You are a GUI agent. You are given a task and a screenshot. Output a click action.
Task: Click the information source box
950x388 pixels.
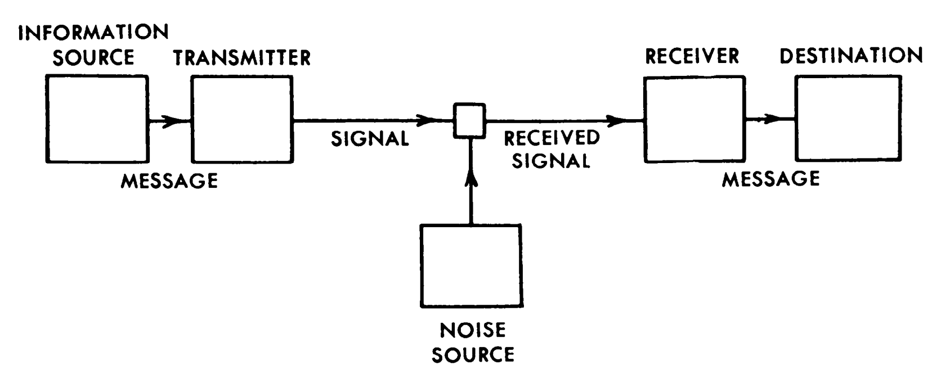96,119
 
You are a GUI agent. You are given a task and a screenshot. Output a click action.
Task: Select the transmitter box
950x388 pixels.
242,119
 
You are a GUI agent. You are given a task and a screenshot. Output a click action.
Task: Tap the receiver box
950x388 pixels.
694,119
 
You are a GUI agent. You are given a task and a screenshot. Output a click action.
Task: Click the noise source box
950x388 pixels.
471,265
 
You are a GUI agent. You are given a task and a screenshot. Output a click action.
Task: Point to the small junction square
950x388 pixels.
470,120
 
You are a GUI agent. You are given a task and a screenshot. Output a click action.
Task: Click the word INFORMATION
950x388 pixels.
93,33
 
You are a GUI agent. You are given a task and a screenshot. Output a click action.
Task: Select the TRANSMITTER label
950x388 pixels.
242,58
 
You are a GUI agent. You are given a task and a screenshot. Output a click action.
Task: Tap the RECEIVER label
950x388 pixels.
692,56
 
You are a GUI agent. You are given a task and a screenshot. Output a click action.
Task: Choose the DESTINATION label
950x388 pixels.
851,55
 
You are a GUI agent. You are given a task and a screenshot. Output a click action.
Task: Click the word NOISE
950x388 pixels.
473,330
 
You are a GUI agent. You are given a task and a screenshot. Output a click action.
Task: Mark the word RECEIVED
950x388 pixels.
552,138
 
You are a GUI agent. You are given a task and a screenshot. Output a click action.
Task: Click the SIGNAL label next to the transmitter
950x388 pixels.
370,139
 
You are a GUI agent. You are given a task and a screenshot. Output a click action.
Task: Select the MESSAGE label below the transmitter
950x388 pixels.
169,181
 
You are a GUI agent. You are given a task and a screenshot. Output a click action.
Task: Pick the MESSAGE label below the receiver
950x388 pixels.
770,179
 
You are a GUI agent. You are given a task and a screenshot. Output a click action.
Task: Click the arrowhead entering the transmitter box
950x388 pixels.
174,120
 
